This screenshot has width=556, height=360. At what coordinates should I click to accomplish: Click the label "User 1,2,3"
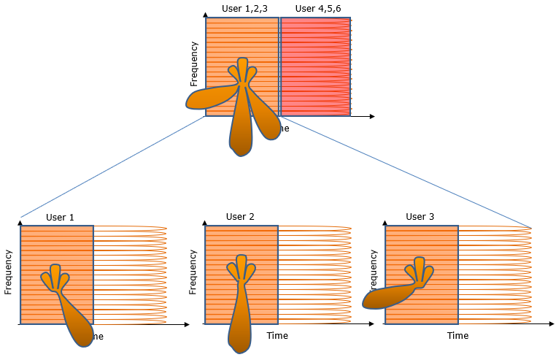(x=245, y=8)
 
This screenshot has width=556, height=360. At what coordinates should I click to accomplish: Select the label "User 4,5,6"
(x=317, y=8)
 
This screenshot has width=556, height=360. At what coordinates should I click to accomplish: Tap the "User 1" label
(x=60, y=217)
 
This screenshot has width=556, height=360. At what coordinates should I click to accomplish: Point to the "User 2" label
(x=240, y=217)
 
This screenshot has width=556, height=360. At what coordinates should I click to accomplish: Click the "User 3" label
(x=420, y=217)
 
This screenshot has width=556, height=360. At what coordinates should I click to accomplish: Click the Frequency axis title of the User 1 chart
(x=9, y=272)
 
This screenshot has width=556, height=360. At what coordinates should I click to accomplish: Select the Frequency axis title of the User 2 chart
(x=193, y=272)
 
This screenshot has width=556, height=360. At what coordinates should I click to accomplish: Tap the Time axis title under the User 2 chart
(x=277, y=336)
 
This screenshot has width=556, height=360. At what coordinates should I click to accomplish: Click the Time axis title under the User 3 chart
(x=457, y=336)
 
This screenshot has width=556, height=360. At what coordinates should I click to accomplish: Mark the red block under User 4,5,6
(x=315, y=66)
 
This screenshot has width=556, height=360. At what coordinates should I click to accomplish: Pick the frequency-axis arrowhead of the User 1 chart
(x=21, y=220)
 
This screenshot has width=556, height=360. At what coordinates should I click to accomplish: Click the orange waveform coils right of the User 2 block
(x=314, y=274)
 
